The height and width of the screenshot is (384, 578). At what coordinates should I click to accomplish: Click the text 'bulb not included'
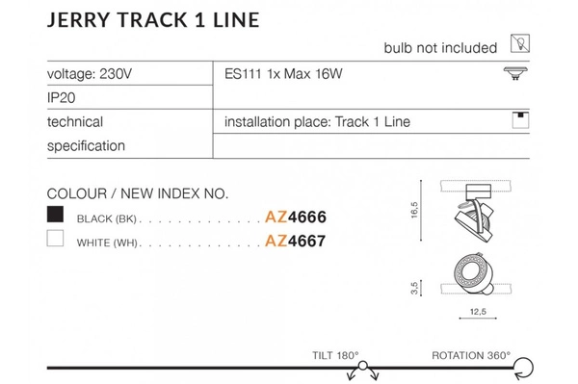[x=440, y=47]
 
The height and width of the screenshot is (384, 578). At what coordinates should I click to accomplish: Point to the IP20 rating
[x=61, y=97]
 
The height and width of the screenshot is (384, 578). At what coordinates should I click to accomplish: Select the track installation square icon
[x=520, y=121]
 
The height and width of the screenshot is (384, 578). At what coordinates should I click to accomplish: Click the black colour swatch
[x=56, y=215]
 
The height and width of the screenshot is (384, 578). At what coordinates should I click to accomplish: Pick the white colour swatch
[x=56, y=242]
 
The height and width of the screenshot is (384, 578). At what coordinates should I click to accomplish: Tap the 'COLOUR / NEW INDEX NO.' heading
[x=137, y=193]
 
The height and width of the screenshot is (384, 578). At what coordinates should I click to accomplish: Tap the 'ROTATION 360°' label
[x=471, y=354]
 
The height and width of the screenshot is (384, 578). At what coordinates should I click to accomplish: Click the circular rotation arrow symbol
[x=526, y=367]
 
